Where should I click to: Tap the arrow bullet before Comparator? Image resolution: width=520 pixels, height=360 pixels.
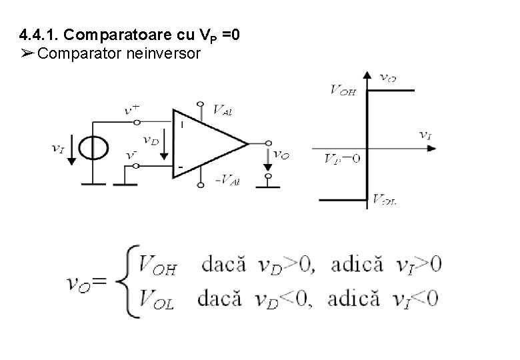pyautogui.click(x=27, y=53)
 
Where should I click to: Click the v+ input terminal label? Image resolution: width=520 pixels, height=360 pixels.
pyautogui.click(x=133, y=110)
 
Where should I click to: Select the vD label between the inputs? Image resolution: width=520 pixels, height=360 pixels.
pyautogui.click(x=151, y=140)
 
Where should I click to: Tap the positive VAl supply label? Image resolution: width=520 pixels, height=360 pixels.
pyautogui.click(x=221, y=110)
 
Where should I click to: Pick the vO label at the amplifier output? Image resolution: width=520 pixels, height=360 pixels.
pyautogui.click(x=282, y=155)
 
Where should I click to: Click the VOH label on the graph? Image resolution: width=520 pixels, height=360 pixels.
pyautogui.click(x=343, y=90)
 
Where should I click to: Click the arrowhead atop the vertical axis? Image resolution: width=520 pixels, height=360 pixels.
pyautogui.click(x=367, y=75)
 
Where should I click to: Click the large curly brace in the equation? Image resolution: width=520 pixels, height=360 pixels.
pyautogui.click(x=127, y=281)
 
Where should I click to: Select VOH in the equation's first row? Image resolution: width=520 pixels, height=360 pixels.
pyautogui.click(x=157, y=265)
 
